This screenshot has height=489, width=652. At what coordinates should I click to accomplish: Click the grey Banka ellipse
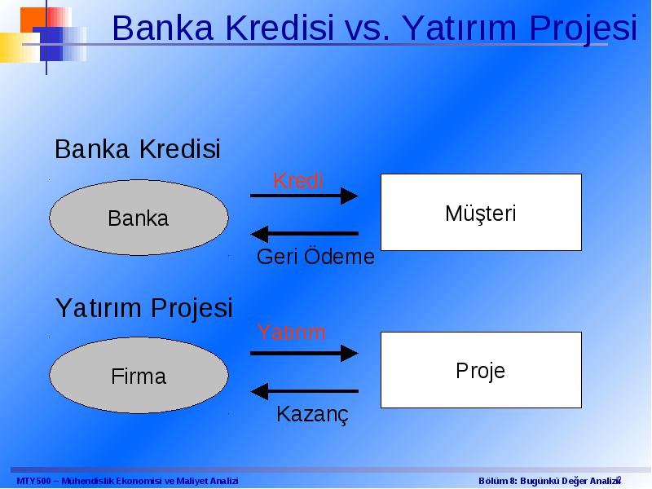[139, 218]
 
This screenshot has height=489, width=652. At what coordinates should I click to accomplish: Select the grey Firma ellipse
[139, 375]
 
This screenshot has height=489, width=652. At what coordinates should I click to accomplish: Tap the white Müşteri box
[481, 212]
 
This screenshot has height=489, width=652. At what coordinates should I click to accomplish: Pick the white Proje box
[481, 370]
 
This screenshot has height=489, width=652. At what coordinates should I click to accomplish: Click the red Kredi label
[298, 181]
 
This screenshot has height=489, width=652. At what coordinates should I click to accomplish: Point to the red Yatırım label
[292, 333]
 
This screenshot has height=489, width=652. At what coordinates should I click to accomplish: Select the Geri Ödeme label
[315, 256]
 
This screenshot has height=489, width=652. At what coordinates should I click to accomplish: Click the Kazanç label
[312, 415]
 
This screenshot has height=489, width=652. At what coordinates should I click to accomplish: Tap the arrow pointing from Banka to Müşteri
[304, 196]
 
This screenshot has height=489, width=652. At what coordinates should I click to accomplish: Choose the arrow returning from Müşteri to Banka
[304, 234]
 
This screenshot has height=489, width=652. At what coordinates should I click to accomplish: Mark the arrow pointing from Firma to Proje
[304, 354]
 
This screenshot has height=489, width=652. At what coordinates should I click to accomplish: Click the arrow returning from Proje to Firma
[304, 391]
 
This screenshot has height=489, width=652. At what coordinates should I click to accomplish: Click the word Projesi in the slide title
[584, 29]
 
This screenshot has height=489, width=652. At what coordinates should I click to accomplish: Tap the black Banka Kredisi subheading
[138, 149]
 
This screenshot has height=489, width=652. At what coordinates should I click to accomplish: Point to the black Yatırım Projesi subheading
[144, 308]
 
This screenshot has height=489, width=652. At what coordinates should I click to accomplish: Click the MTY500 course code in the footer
[33, 481]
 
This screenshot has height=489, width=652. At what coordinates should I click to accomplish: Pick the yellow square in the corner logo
[20, 47]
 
